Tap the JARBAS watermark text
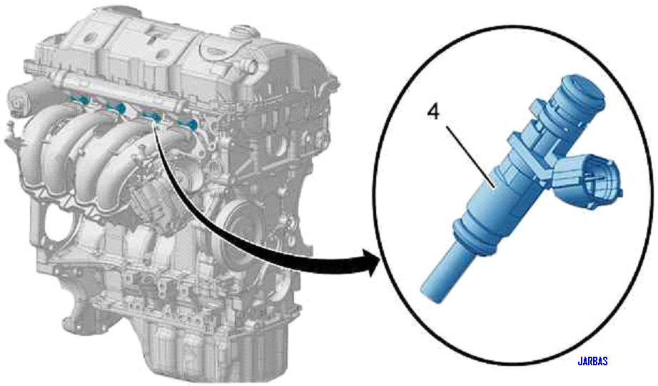coord(592,362)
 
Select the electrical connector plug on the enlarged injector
coord(592,180)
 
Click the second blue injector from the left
coord(119,109)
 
